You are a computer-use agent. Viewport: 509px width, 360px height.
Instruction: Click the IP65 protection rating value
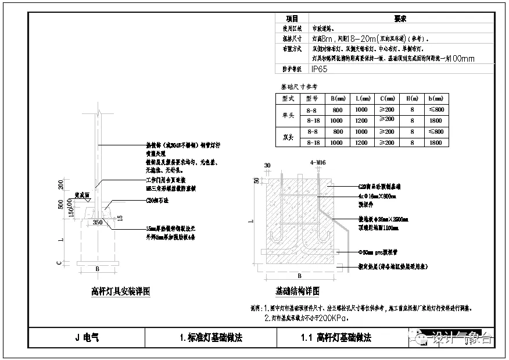tap(319, 69)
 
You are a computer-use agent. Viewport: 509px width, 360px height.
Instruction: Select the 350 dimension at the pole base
tap(98, 222)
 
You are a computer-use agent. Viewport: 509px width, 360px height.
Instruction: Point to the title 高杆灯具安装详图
tap(121, 291)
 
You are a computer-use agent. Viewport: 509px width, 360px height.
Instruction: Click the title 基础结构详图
tap(297, 291)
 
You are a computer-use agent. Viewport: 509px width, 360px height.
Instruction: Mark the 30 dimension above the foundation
tap(267, 166)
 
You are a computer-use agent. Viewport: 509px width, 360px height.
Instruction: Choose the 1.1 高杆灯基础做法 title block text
tap(336, 337)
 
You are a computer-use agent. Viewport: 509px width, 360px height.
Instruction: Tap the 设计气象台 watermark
tap(458, 338)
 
